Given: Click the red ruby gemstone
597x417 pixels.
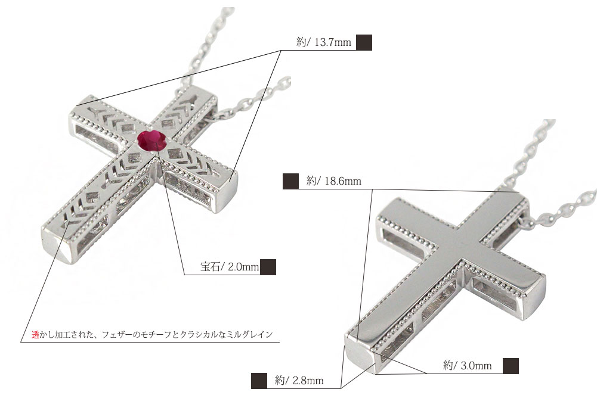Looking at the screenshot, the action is [x=152, y=141].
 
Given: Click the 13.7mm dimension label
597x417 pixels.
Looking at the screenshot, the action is [x=324, y=42].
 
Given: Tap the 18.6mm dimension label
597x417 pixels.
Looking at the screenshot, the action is [x=334, y=181].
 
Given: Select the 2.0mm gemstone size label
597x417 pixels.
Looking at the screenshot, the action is [x=230, y=267].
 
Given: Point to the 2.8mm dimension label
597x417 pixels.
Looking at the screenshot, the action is [x=299, y=381].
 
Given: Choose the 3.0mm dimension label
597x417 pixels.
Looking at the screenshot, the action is [x=467, y=366].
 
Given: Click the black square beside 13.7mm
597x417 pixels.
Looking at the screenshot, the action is [x=364, y=42].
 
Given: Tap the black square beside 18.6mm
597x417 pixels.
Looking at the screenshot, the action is [x=290, y=181].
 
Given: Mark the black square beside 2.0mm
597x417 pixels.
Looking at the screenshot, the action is [x=268, y=267].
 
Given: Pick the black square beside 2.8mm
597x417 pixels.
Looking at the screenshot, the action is [x=259, y=381].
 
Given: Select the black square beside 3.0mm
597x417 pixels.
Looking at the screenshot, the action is [x=511, y=366].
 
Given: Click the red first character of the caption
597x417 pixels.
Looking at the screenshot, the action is [x=35, y=335].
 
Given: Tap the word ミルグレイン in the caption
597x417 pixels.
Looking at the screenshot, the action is [x=250, y=335].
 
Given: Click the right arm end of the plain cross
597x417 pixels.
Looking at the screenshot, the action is [x=536, y=292].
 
